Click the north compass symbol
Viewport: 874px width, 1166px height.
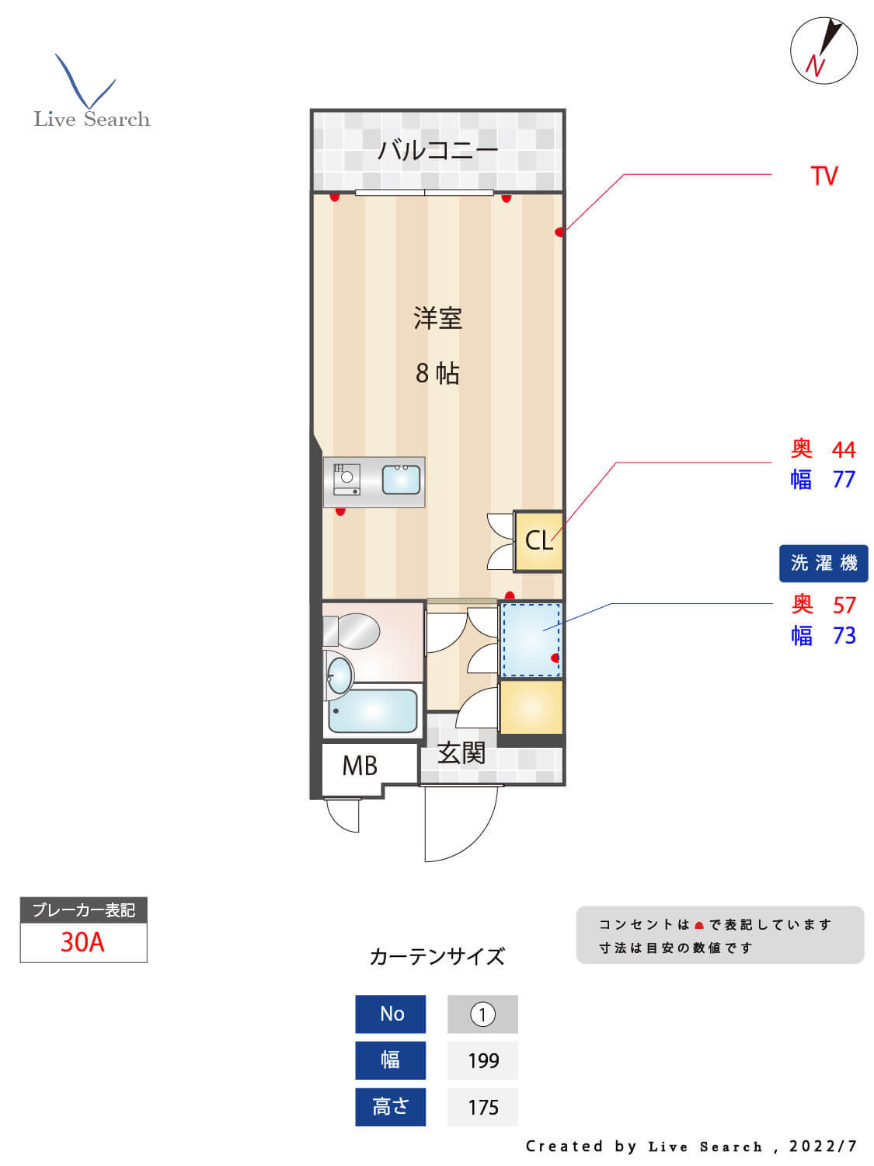(x=824, y=51)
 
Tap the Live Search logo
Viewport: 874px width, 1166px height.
(x=91, y=93)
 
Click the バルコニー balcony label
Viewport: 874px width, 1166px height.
(x=437, y=149)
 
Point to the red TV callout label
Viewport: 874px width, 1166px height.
(x=824, y=176)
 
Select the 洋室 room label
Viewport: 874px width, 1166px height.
(x=437, y=318)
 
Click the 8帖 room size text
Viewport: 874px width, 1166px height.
(x=437, y=373)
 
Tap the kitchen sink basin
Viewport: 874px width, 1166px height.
(x=401, y=480)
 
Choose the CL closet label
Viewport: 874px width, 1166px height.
(x=538, y=540)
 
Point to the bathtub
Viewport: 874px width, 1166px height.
(x=373, y=711)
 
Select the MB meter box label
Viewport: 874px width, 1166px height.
(x=360, y=766)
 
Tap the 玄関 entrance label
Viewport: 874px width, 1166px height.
(x=461, y=752)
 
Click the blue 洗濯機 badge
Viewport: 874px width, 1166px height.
(x=824, y=563)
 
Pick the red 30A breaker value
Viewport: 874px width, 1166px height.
(x=82, y=942)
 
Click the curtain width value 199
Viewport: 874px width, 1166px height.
(x=482, y=1060)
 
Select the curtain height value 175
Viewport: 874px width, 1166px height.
(x=482, y=1107)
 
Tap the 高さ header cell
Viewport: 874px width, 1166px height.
(x=390, y=1107)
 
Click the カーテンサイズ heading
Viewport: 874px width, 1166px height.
(x=437, y=956)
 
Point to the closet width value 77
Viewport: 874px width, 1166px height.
(x=844, y=480)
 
